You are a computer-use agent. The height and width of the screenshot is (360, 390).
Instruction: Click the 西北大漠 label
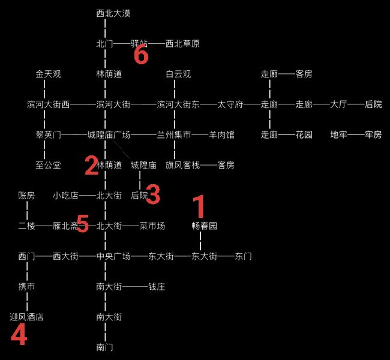(113, 13)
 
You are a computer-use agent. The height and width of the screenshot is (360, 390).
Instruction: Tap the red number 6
(141, 55)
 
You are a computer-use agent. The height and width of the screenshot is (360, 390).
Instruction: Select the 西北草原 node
(182, 44)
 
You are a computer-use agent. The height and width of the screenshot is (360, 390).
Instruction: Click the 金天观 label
(48, 74)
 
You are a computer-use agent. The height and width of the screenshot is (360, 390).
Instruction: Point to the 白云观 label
(178, 74)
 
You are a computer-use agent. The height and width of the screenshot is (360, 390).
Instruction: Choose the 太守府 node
(230, 104)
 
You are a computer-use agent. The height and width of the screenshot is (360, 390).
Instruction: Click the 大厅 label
(338, 104)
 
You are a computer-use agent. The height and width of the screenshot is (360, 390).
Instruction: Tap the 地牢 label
(338, 135)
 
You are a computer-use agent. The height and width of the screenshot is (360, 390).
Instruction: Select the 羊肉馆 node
(221, 135)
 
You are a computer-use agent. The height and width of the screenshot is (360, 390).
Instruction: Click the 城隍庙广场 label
(109, 135)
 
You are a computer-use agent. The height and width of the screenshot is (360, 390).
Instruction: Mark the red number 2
(92, 165)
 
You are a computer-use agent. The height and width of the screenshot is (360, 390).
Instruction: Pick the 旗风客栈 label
(182, 165)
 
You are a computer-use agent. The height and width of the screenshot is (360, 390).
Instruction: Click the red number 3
(153, 194)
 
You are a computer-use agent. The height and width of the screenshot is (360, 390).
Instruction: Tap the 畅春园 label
(204, 226)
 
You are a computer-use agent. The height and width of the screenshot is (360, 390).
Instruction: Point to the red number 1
(199, 206)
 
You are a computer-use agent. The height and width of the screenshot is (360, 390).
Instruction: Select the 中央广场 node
(113, 256)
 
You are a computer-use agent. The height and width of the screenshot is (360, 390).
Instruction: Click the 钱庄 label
(157, 287)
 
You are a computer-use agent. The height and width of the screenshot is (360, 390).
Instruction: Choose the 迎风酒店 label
(26, 317)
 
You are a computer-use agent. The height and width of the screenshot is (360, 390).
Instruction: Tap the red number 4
(19, 334)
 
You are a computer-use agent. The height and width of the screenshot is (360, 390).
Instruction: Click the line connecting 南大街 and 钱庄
(135, 287)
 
